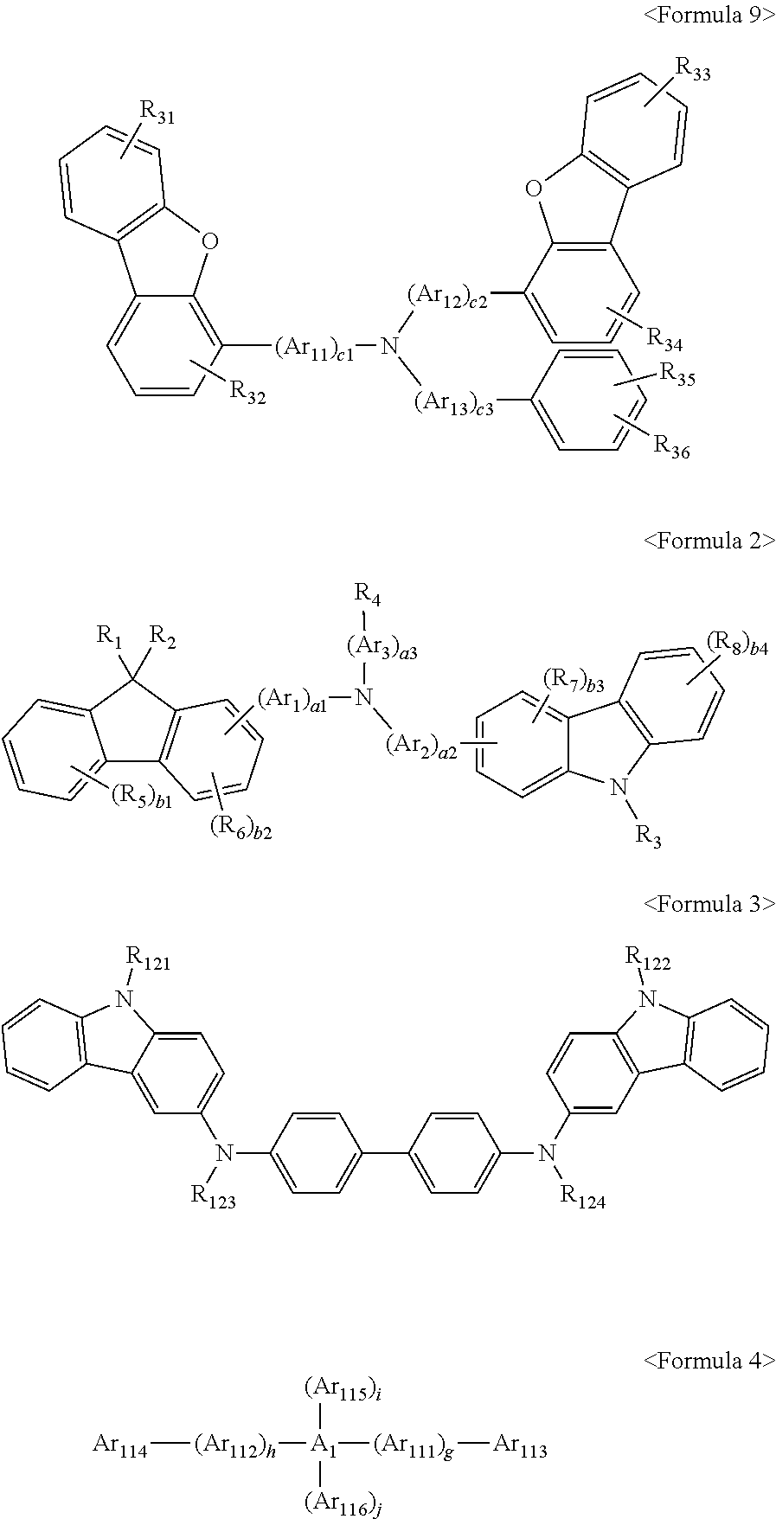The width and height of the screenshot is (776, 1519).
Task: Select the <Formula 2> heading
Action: coord(709,541)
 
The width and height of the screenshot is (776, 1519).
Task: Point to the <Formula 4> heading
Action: coord(709,1361)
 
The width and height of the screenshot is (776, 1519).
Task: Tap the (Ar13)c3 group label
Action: coord(453,402)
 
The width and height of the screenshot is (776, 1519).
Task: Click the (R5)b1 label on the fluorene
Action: coord(141,798)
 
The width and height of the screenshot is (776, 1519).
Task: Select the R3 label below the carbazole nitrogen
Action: coord(649,836)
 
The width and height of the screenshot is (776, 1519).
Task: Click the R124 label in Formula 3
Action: coord(584,1198)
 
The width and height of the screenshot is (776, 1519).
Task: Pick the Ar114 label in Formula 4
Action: coord(119,1445)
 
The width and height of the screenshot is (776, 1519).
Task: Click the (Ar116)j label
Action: coord(342,1503)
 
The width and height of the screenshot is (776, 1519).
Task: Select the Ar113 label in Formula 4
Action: coord(519,1445)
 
